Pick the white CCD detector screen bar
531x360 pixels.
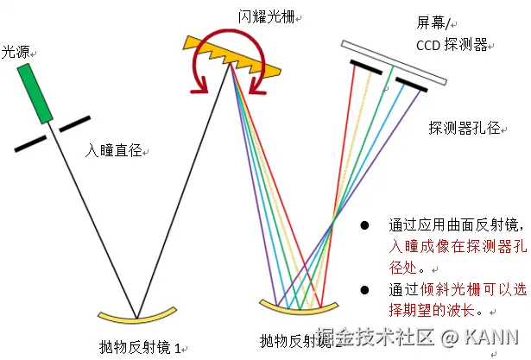394,64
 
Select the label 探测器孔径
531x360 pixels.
464,128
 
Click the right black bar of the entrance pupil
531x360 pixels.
76,123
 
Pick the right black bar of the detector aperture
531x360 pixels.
414,84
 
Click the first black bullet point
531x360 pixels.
365,225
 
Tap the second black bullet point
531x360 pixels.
365,289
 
